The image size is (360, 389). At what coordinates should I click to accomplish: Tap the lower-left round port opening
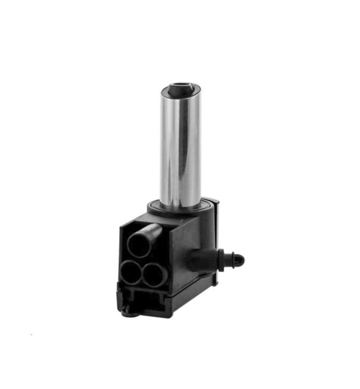(130, 273)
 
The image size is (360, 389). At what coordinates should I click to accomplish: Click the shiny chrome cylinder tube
(181, 148)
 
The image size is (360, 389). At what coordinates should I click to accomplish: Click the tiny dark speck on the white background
(31, 335)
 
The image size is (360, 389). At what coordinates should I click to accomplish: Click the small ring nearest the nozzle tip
(232, 259)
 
